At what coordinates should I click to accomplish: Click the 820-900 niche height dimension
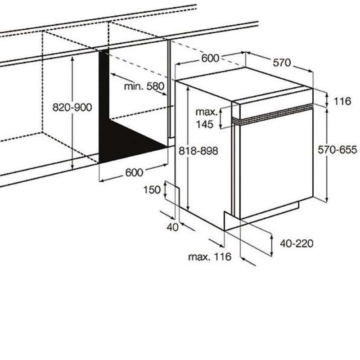click(72, 108)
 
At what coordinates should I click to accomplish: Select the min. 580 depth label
click(144, 86)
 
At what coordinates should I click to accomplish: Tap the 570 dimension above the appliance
click(282, 63)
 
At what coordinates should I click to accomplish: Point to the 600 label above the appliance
click(210, 58)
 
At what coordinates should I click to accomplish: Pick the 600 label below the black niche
click(134, 172)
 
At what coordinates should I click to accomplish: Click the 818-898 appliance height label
click(198, 151)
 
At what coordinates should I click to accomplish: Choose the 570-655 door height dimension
click(337, 150)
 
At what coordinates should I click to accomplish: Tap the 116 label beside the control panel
click(342, 101)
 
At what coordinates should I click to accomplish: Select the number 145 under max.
click(205, 124)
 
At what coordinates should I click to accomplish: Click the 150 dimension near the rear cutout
click(152, 190)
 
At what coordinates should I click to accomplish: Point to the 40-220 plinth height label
click(297, 243)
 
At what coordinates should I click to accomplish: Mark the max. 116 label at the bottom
click(210, 256)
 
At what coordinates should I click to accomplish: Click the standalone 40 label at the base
click(172, 227)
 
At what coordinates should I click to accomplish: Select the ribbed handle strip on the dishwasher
click(273, 114)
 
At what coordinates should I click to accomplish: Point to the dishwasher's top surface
click(244, 84)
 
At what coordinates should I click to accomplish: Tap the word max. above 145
click(207, 112)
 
